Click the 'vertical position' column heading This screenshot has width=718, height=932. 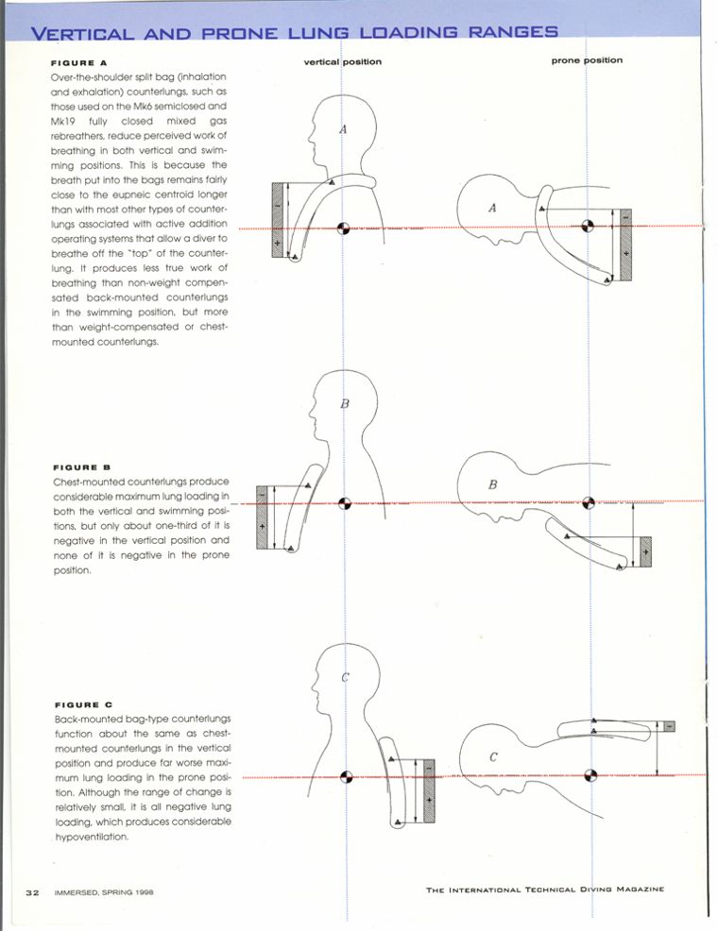[x=342, y=62]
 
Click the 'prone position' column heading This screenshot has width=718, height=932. [x=587, y=60]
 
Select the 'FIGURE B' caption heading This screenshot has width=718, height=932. [x=82, y=467]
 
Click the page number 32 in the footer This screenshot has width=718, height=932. [x=31, y=890]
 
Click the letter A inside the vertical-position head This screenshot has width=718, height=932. [x=343, y=129]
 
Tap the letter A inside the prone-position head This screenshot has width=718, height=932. [x=492, y=209]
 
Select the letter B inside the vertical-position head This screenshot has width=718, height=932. [x=345, y=404]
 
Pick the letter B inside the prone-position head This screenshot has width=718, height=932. [x=492, y=484]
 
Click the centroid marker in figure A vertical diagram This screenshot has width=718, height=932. [x=343, y=229]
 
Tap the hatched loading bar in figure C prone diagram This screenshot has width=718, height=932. [x=669, y=726]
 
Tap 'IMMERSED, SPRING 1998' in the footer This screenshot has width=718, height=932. [x=103, y=890]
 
